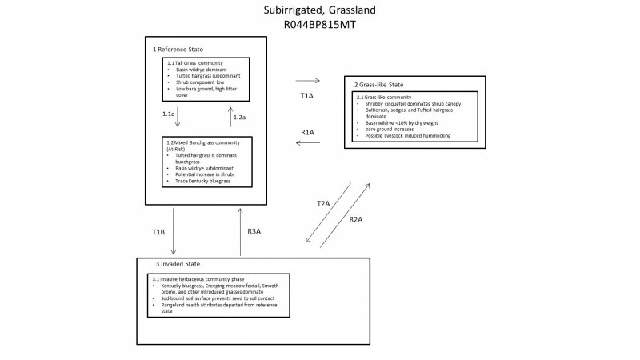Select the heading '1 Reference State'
click(x=178, y=50)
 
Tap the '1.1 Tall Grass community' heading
click(x=194, y=62)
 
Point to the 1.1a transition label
click(x=168, y=115)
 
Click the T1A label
click(x=306, y=95)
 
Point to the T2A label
click(x=323, y=204)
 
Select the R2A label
click(x=358, y=218)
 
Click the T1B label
click(x=158, y=232)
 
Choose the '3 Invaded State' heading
click(x=178, y=264)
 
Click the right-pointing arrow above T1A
click(x=307, y=81)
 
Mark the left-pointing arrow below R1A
click(x=307, y=143)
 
